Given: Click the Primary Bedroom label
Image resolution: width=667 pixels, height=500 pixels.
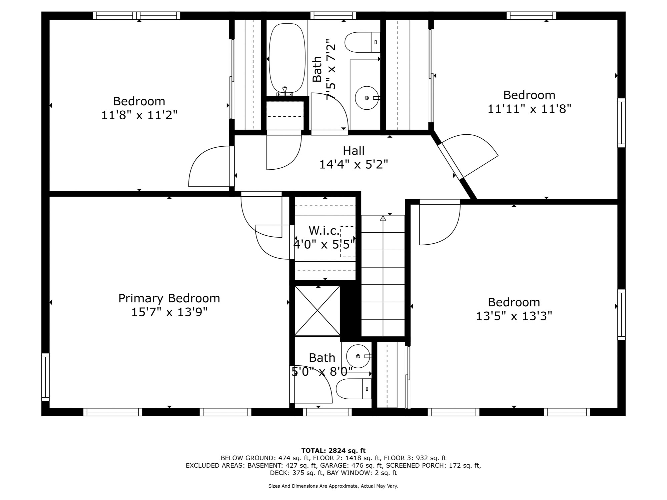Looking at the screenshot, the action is (x=169, y=298).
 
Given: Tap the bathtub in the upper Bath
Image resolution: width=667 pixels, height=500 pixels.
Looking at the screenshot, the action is (x=287, y=58).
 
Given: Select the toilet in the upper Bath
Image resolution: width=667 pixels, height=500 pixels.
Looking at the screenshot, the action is (x=362, y=42).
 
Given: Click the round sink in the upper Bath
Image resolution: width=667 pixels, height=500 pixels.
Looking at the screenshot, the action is (x=367, y=98).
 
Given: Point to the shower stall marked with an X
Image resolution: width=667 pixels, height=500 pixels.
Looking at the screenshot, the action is (x=317, y=310).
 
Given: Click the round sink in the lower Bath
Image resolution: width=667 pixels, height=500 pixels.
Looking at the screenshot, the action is (x=358, y=356).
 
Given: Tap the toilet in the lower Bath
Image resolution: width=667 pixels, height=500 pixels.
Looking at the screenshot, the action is (x=354, y=389).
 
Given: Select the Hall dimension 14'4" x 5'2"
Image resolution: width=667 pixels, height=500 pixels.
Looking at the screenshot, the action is (x=354, y=164).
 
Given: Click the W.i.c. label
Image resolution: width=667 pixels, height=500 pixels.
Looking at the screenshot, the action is (x=324, y=230).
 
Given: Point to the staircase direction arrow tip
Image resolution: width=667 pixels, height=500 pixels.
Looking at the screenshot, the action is (x=383, y=216).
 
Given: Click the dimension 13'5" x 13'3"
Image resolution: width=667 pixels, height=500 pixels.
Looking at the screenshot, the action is (x=514, y=316).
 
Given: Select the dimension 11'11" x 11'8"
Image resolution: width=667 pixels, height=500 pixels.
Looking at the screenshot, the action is (x=530, y=109).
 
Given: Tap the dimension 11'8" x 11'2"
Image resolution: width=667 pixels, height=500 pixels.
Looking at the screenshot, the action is (x=139, y=115).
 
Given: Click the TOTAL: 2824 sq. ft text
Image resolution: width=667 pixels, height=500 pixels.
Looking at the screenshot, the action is (x=333, y=451).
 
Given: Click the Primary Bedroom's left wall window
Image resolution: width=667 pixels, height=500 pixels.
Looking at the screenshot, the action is (x=45, y=377).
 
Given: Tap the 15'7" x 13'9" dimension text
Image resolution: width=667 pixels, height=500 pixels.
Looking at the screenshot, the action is (x=169, y=312).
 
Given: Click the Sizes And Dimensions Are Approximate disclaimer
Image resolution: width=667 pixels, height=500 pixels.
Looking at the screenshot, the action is (x=333, y=486).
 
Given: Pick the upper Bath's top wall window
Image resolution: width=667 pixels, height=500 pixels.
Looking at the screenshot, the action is (x=333, y=16).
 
